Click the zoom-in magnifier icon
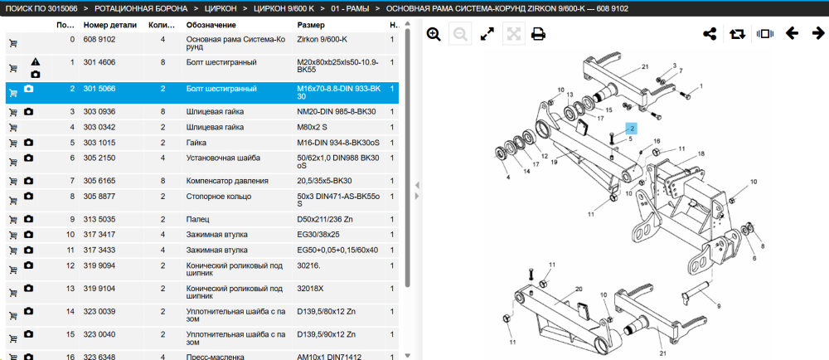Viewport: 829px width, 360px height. (x=434, y=34)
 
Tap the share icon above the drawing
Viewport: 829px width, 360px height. (x=709, y=34)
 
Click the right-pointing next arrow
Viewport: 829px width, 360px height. (x=818, y=34)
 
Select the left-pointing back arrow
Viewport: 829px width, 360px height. (x=792, y=34)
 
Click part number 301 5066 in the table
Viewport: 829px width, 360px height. (x=100, y=89)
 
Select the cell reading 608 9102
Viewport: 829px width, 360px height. (x=99, y=40)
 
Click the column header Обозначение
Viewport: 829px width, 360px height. (x=211, y=25)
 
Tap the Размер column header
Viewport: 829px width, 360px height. (x=311, y=25)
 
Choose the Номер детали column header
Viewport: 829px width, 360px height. (x=110, y=25)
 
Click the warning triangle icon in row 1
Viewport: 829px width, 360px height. (x=35, y=62)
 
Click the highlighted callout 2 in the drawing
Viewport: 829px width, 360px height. (x=631, y=128)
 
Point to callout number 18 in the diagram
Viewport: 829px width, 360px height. (x=701, y=153)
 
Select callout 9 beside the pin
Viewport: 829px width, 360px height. (x=719, y=306)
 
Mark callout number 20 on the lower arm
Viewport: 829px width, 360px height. (x=579, y=289)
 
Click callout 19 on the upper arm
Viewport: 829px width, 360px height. (x=554, y=163)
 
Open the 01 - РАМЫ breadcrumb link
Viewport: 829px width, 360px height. (x=351, y=9)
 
